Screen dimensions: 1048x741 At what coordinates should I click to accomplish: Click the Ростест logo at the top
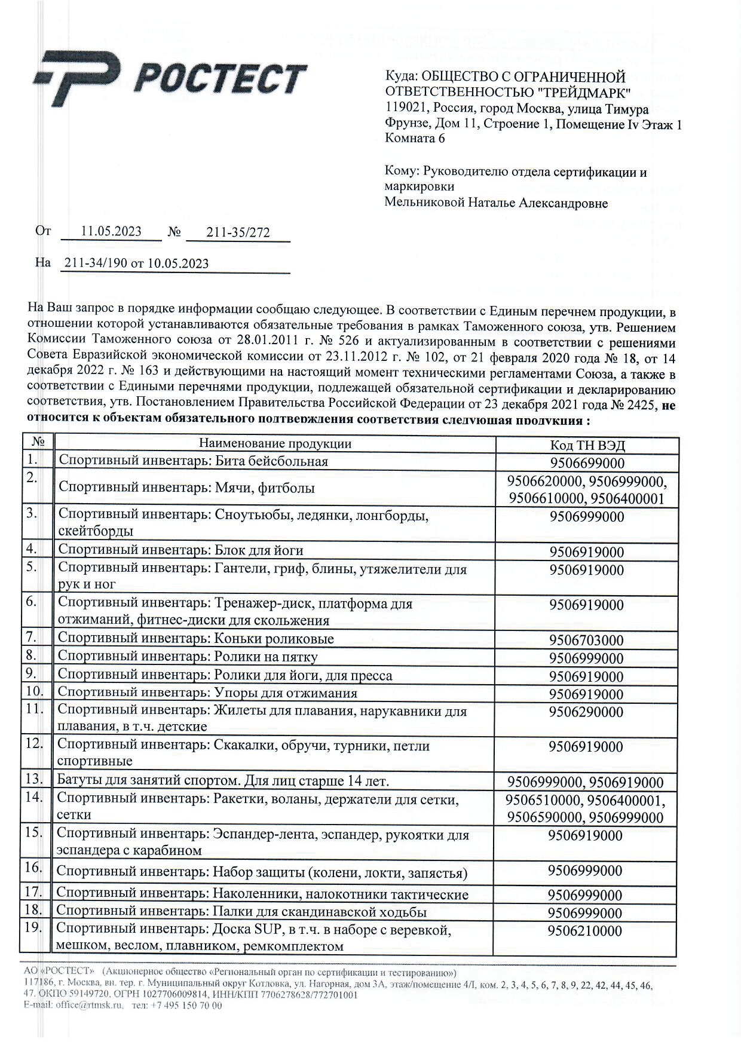coord(170,78)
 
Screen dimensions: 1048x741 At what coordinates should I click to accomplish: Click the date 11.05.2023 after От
coord(111,232)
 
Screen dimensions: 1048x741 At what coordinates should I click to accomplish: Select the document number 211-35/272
coord(238,233)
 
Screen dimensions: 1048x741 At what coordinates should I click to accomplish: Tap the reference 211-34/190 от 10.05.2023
coord(136,263)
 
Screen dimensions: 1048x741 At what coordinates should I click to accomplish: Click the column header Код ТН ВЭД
coord(587,446)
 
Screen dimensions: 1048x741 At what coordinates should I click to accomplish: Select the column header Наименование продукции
coord(275,444)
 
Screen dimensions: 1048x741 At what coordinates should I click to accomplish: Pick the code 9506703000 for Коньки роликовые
coord(587,641)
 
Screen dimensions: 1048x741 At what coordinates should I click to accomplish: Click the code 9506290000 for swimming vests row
coord(587,712)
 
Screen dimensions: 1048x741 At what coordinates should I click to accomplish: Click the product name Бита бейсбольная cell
coord(194,462)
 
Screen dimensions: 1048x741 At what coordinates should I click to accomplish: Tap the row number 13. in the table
coord(35,779)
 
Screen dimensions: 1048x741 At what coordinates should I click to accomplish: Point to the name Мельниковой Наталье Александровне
coord(496,203)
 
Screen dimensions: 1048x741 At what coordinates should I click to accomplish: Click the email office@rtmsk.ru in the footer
coord(90,1006)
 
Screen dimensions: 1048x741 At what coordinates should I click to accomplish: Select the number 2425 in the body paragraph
coord(641,405)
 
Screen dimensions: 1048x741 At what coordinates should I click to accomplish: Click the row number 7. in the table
coord(32,637)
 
